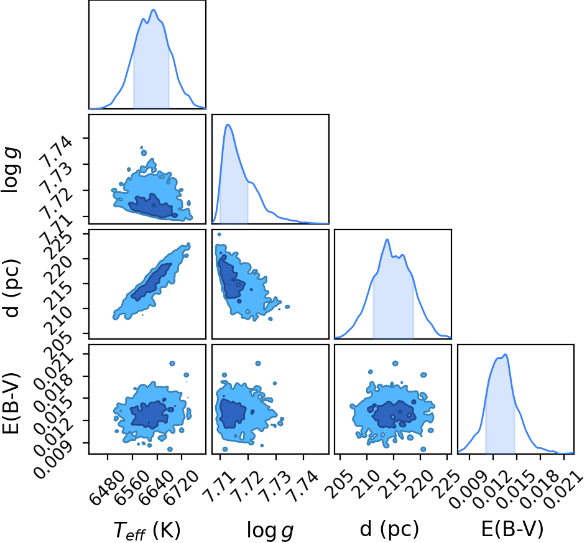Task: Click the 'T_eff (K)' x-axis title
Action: coord(147,531)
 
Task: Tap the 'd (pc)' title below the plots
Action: coord(389,529)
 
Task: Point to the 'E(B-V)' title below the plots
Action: coord(512,529)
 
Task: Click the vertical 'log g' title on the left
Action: coord(11,170)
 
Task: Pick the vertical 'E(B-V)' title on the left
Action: coord(11,403)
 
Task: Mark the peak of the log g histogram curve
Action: coord(228,124)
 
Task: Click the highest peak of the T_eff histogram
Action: coord(154,10)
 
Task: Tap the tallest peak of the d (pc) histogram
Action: coord(387,239)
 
